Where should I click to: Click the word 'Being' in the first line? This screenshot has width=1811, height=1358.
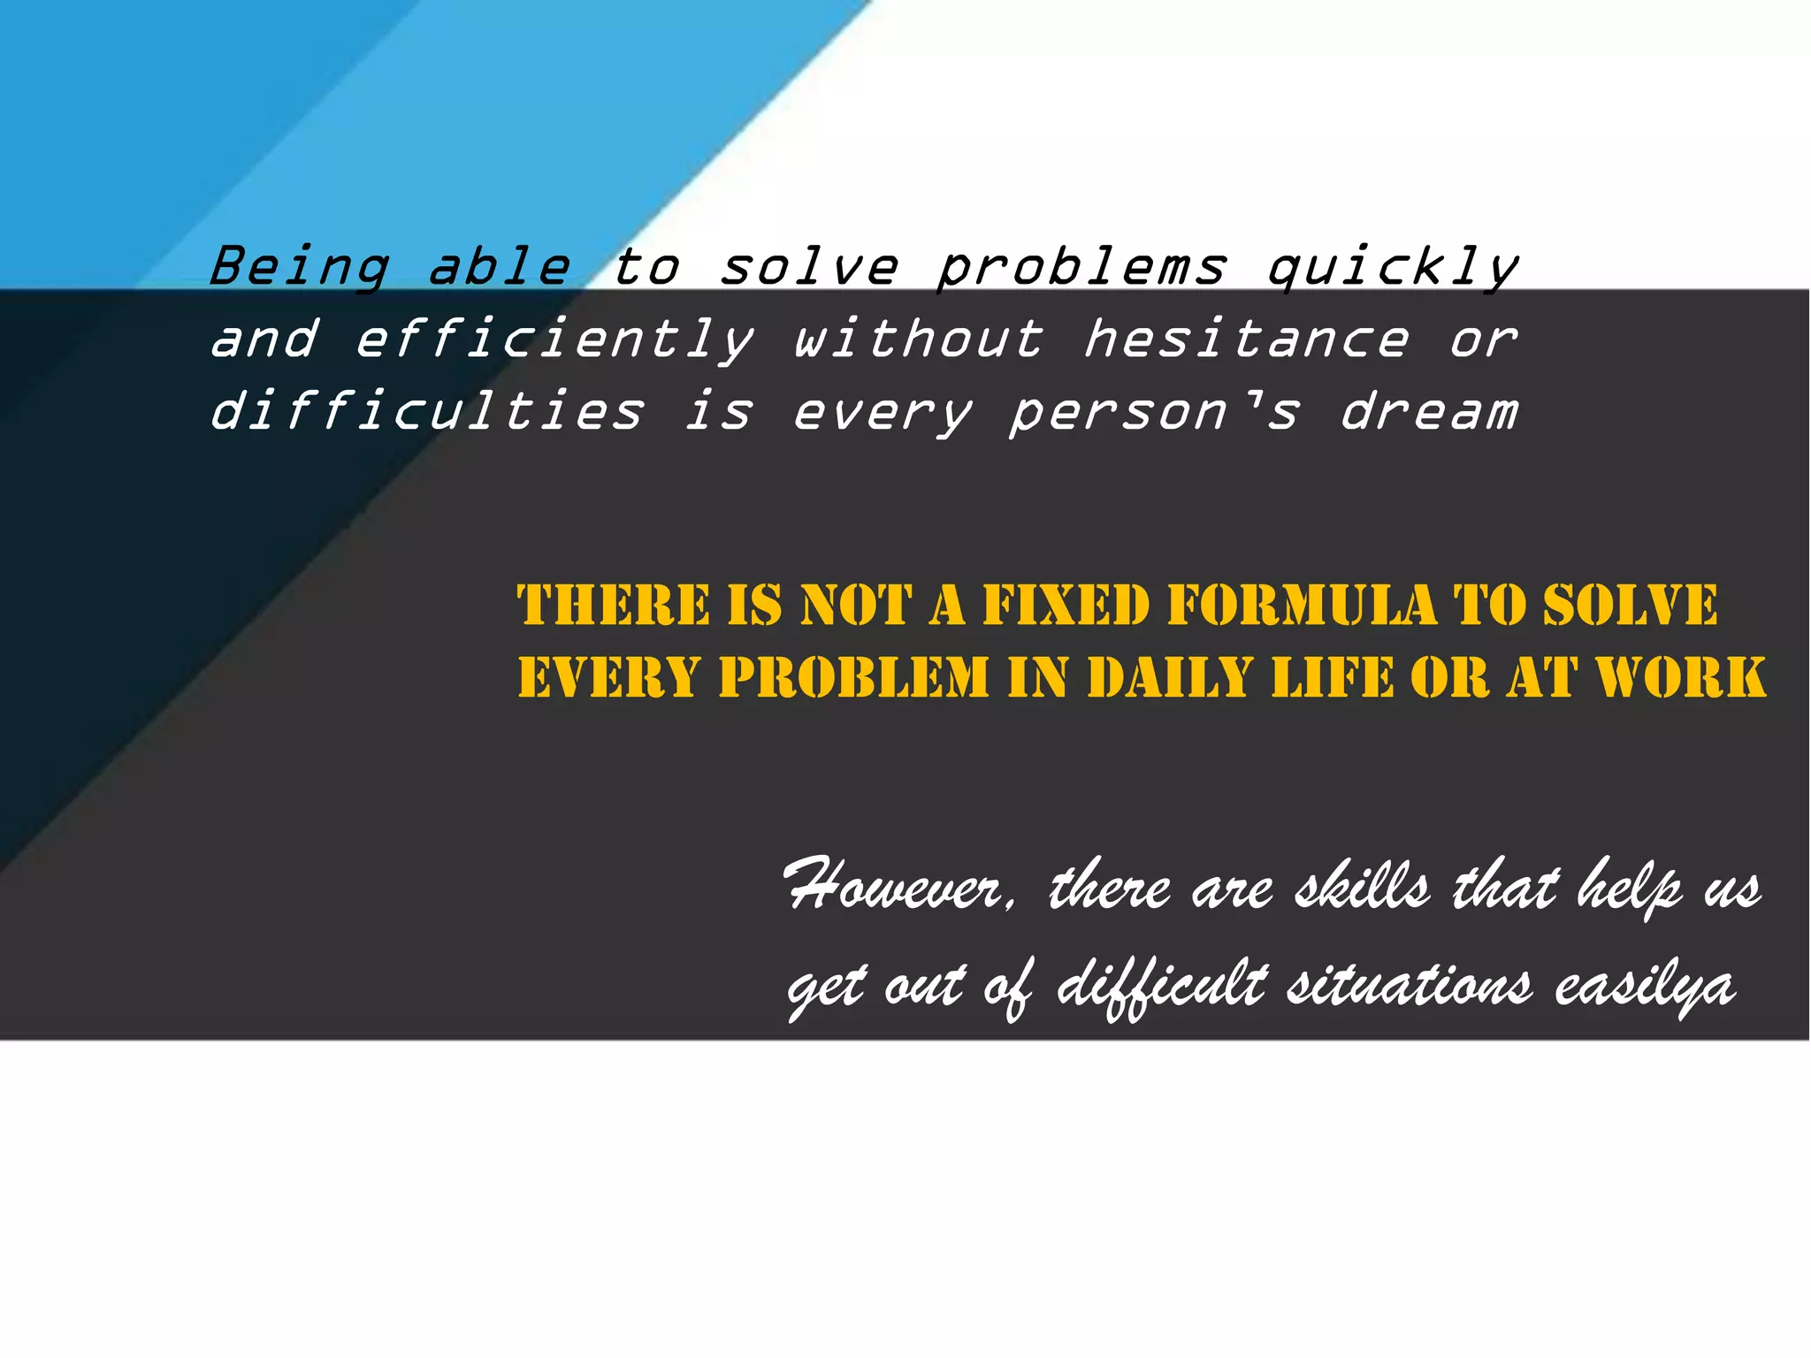click(299, 267)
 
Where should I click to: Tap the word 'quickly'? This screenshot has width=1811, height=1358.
click(1393, 267)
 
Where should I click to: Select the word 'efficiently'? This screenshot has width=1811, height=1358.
click(554, 339)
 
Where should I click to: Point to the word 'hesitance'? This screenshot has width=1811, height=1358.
click(1246, 339)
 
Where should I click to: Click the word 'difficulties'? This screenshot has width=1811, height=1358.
click(427, 412)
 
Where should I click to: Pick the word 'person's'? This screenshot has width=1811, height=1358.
click(1154, 412)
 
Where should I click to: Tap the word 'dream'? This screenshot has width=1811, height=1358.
click(1429, 412)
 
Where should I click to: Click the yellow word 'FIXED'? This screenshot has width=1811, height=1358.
click(1066, 606)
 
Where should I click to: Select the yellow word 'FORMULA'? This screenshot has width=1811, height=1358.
click(1302, 606)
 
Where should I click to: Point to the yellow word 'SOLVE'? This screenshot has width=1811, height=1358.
click(1630, 606)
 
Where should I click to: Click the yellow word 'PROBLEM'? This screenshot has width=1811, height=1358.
click(853, 678)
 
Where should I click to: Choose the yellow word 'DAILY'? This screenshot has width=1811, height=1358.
click(1170, 678)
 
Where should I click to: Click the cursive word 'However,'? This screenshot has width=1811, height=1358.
click(900, 887)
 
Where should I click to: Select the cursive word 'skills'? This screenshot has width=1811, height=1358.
click(1363, 887)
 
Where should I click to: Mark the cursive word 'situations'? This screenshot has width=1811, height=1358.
click(1409, 986)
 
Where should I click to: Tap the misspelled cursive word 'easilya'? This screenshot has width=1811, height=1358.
click(1645, 986)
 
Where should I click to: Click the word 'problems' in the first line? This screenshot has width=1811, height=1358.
click(1081, 267)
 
